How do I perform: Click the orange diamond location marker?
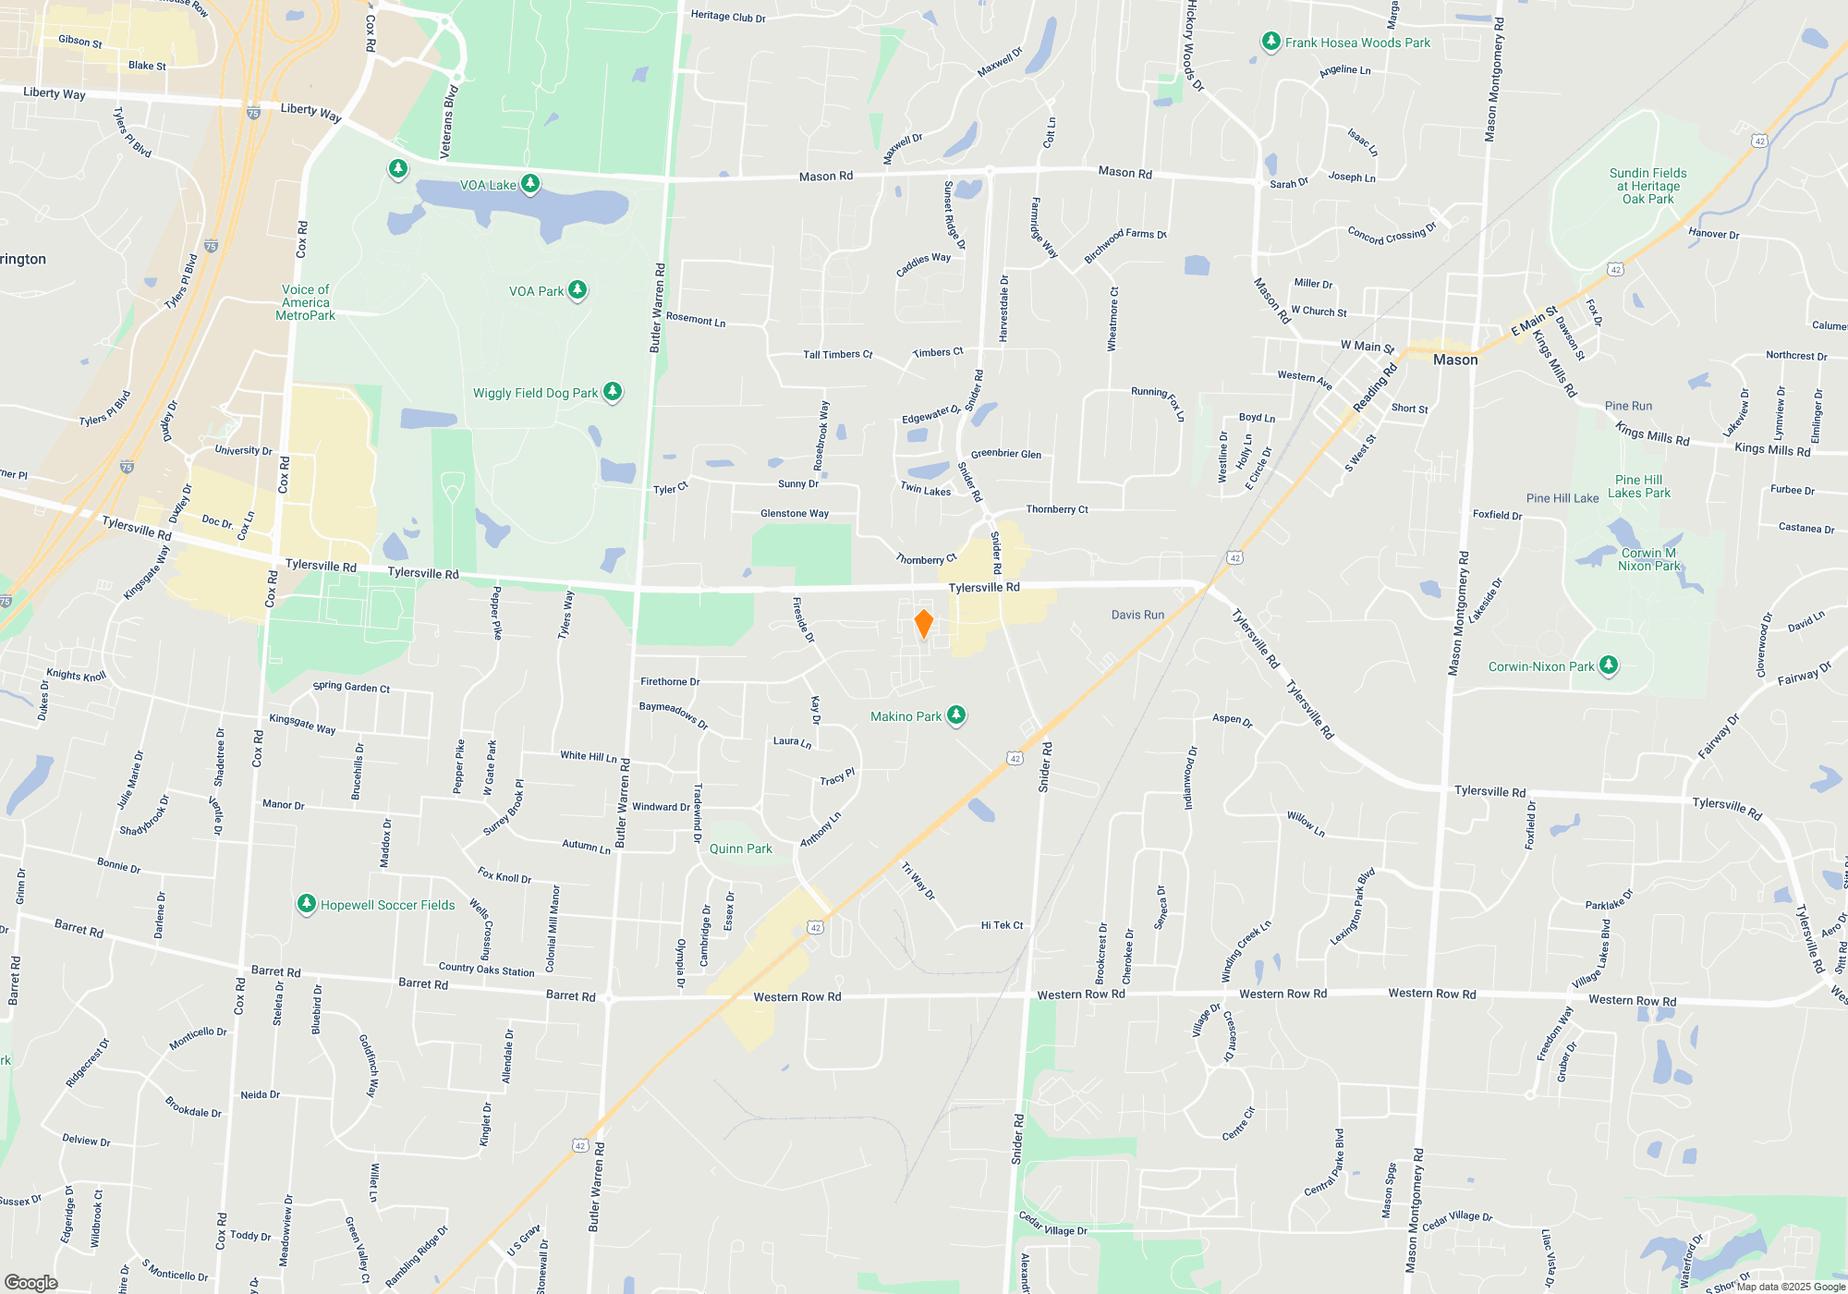pyautogui.click(x=923, y=624)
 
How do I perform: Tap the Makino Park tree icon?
pyautogui.click(x=956, y=715)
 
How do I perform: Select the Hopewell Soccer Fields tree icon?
pyautogui.click(x=306, y=904)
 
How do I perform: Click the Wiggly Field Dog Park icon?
pyautogui.click(x=613, y=392)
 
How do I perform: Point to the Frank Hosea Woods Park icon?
pyautogui.click(x=1271, y=42)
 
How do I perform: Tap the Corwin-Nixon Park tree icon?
pyautogui.click(x=1609, y=665)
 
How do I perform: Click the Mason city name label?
pyautogui.click(x=1455, y=360)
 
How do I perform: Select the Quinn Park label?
pyautogui.click(x=740, y=848)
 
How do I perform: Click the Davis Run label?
pyautogui.click(x=1137, y=615)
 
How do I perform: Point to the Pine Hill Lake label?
pyautogui.click(x=1562, y=498)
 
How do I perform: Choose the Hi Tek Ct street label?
pyautogui.click(x=1002, y=925)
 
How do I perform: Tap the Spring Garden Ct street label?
pyautogui.click(x=351, y=687)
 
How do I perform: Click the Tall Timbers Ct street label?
pyautogui.click(x=837, y=354)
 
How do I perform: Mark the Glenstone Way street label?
pyautogui.click(x=794, y=513)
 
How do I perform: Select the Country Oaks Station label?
pyautogui.click(x=486, y=970)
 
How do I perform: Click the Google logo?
pyautogui.click(x=30, y=1282)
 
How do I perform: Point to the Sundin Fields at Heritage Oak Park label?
pyautogui.click(x=1647, y=186)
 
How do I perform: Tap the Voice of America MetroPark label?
pyautogui.click(x=305, y=302)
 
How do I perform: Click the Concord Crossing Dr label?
pyautogui.click(x=1392, y=234)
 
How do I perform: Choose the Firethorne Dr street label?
pyautogui.click(x=670, y=681)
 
